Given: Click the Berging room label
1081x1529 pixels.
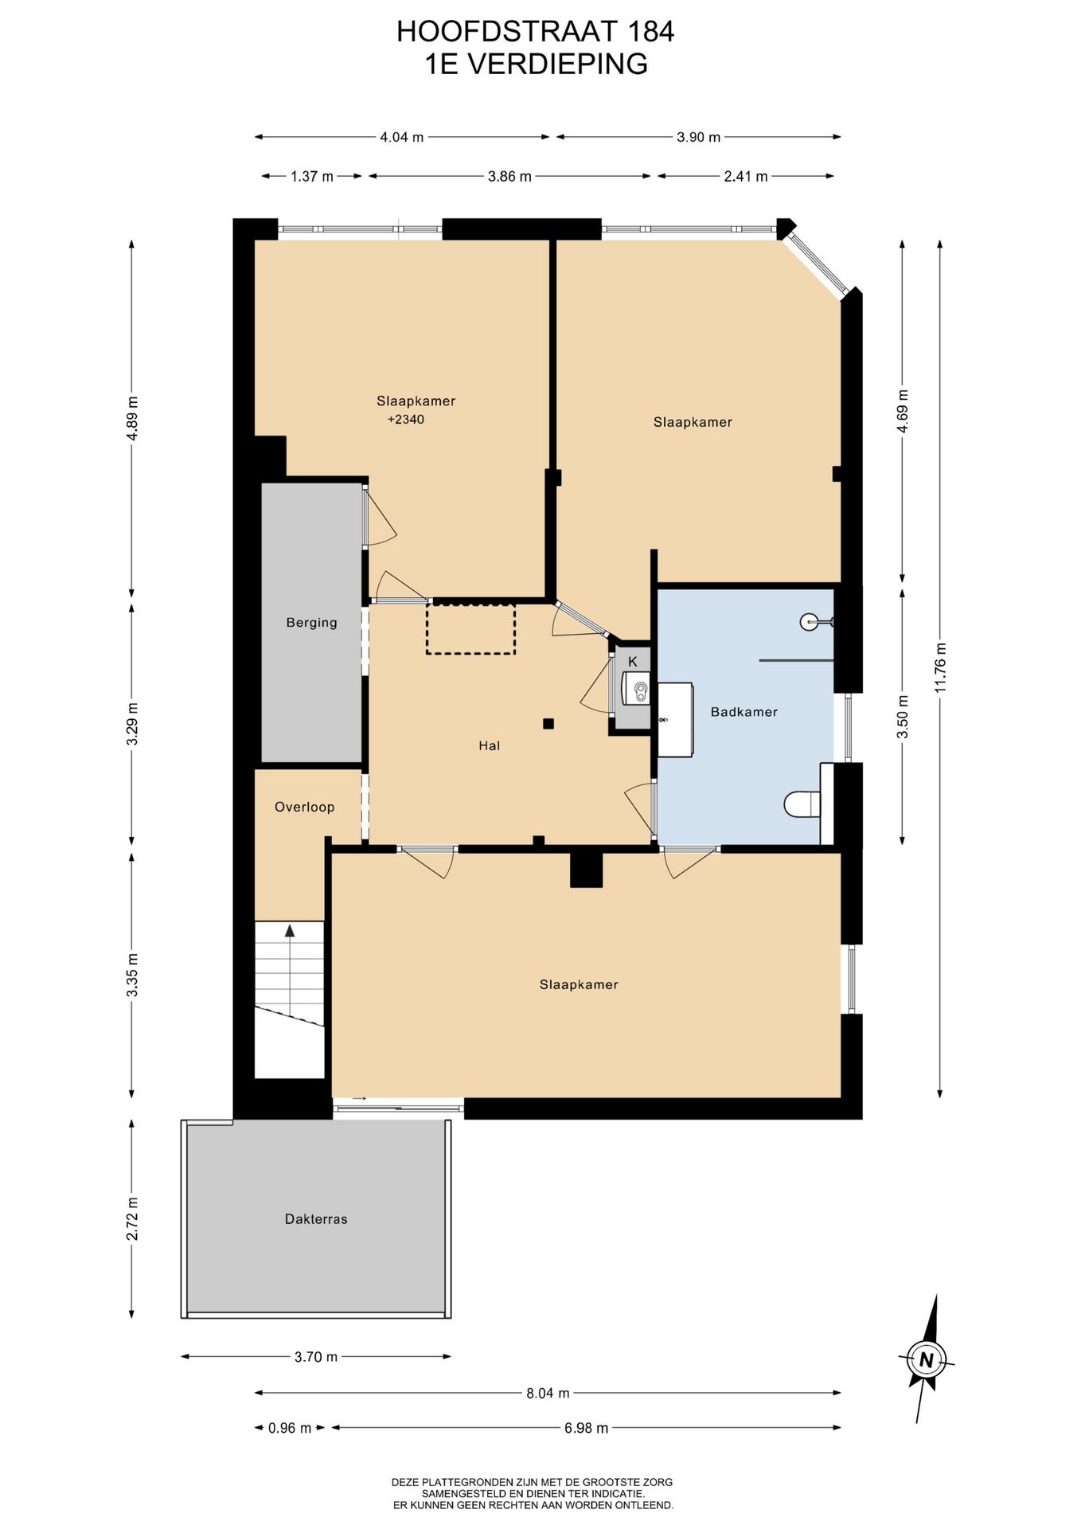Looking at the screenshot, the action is pos(311,623).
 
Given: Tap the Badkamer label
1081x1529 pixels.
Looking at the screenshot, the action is pos(743,712).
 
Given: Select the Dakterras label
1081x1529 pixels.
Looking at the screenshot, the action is pos(316,1219).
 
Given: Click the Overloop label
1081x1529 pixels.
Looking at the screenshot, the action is pos(304,808).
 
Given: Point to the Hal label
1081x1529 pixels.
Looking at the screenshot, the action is pos(489,746).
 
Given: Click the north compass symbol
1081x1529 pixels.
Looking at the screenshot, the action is pos(927,1359).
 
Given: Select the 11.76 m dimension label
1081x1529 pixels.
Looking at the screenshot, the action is pos(940,667).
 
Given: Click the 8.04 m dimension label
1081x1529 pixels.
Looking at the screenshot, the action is pos(548,1393).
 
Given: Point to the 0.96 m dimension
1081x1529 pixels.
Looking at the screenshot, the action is pos(290,1428).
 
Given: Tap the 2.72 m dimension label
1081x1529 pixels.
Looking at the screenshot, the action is pos(132,1218).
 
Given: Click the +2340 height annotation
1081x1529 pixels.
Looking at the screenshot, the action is pos(406,420).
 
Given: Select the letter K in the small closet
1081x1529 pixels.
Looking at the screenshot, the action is pos(633,662).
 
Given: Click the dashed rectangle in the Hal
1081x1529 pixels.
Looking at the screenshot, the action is pos(470,629).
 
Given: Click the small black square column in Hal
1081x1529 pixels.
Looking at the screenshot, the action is pos(548,724).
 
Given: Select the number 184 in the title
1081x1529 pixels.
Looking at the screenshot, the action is pos(651,32).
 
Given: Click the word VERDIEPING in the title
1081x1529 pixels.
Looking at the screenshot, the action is pos(557,64).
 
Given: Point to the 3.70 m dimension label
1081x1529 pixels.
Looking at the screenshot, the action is pos(316,1357).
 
